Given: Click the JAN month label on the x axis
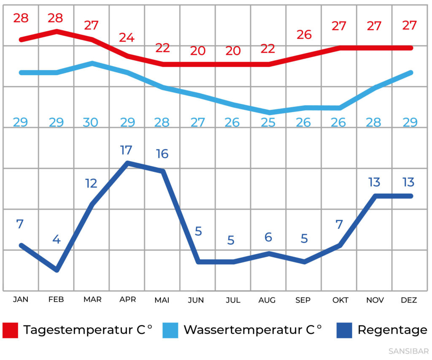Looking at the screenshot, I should [21, 300].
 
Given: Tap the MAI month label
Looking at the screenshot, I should [162, 300].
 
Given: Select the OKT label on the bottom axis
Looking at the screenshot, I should [340, 300].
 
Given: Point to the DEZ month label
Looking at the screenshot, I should [409, 300].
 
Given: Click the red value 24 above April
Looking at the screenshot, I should [127, 38].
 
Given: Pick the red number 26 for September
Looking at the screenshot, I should [304, 35].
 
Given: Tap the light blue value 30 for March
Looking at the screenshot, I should [91, 122].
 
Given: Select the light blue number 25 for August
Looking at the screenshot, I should [268, 122].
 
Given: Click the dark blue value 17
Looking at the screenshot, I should [126, 150].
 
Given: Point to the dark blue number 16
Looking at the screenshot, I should [162, 154].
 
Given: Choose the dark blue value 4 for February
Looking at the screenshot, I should [56, 239].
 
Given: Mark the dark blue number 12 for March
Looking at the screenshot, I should [91, 183].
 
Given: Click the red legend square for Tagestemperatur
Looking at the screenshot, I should [11, 330].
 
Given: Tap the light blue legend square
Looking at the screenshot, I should [170, 330].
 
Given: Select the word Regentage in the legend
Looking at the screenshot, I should [392, 330].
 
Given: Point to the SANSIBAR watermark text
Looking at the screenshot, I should [408, 351].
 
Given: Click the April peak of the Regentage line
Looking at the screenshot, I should [127, 163].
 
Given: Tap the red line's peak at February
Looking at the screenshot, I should [57, 31].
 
